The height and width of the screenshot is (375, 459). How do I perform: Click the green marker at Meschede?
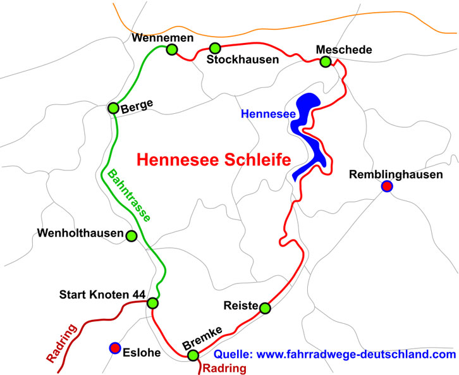(x=325, y=61)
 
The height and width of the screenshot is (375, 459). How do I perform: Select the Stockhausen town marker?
(x=215, y=47)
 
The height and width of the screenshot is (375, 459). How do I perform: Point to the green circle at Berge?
(x=113, y=108)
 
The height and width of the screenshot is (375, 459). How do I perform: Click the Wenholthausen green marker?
(x=132, y=236)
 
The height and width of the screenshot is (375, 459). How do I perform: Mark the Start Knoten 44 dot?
(x=152, y=303)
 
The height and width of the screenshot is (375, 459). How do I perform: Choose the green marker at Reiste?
(x=265, y=308)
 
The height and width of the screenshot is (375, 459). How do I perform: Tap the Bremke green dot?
(x=193, y=355)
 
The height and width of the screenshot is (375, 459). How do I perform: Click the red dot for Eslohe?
(x=114, y=347)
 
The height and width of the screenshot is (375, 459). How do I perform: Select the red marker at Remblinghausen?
(x=386, y=186)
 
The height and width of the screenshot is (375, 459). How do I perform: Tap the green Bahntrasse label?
(x=129, y=195)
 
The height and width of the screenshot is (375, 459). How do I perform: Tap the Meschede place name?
(x=340, y=49)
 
